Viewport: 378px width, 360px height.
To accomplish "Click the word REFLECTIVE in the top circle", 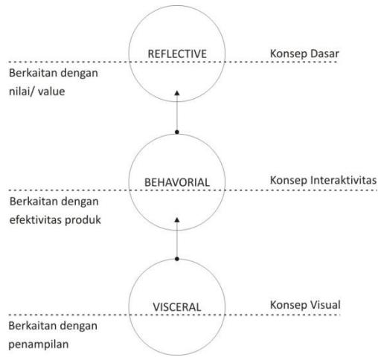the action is click(177, 54).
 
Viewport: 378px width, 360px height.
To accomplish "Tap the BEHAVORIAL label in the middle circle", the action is click(177, 182).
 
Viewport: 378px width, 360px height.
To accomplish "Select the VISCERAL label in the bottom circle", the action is click(177, 307).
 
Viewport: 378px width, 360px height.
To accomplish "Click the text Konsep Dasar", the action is click(304, 54).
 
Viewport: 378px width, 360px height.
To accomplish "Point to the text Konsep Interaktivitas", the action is click(323, 180).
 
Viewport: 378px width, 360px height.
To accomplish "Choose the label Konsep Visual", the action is click(305, 305).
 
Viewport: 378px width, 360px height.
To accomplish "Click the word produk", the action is click(83, 219).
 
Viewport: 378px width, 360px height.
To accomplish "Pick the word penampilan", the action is click(39, 344).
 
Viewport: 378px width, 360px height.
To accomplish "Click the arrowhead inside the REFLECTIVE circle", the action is click(177, 93).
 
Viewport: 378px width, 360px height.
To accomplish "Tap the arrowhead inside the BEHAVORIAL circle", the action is click(177, 220).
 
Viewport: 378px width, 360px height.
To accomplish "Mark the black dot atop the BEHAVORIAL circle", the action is click(177, 132).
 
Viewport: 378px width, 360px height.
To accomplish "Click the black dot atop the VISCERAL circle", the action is click(177, 259).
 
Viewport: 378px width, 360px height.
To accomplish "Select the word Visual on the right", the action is click(325, 305).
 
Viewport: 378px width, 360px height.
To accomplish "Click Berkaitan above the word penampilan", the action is click(31, 326).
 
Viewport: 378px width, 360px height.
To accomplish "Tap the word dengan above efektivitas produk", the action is click(80, 202).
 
